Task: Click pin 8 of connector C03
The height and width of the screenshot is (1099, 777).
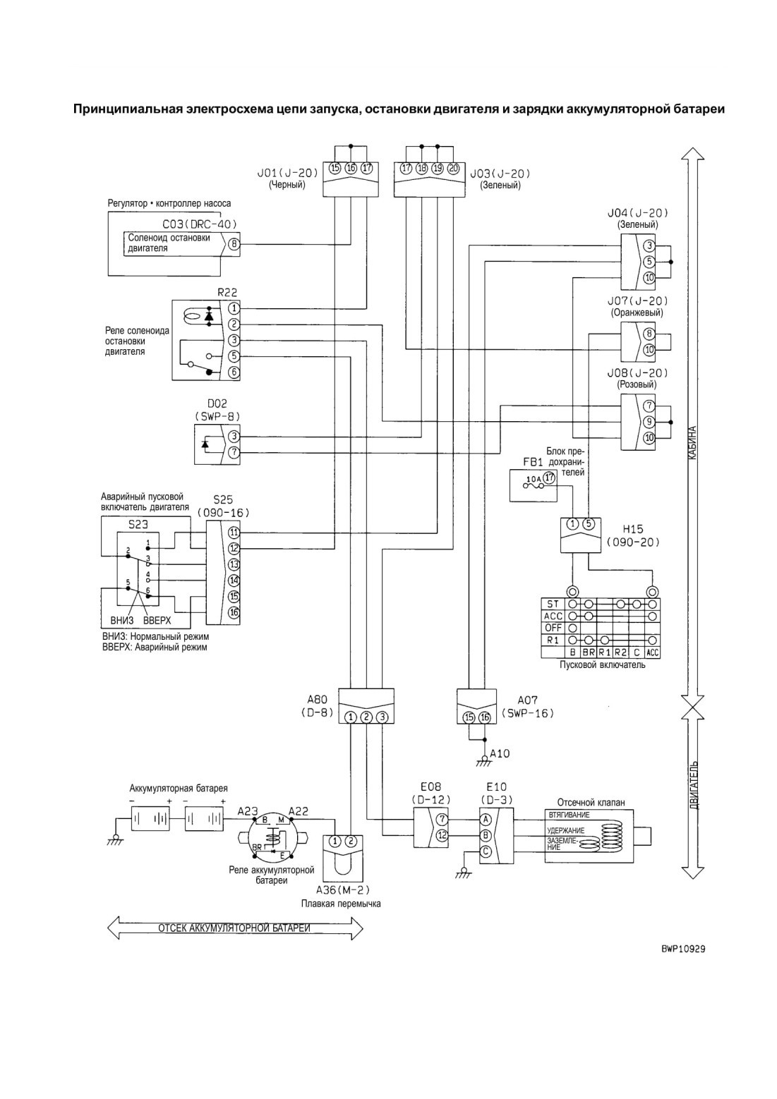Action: click(234, 244)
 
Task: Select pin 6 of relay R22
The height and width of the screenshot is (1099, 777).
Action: click(234, 372)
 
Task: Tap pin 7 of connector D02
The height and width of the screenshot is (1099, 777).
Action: click(234, 452)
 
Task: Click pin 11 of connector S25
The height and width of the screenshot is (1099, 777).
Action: click(234, 533)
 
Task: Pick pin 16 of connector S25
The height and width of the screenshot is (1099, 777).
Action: click(234, 612)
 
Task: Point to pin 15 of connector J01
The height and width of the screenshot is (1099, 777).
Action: click(335, 169)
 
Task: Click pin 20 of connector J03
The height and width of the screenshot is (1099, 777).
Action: click(454, 169)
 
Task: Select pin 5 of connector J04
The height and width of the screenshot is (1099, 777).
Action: click(649, 262)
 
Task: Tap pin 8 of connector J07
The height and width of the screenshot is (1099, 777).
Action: click(649, 334)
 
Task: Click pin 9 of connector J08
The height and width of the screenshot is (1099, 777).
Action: click(649, 421)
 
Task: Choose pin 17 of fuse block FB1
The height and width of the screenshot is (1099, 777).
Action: click(549, 478)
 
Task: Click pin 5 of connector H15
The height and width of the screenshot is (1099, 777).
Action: click(589, 524)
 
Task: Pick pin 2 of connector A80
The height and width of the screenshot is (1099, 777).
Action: click(366, 717)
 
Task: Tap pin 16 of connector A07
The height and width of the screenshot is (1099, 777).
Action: click(485, 717)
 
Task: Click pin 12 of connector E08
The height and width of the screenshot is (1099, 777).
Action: click(442, 835)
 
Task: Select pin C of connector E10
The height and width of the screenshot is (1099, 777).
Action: click(486, 851)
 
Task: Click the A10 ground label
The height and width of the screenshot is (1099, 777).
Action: click(500, 753)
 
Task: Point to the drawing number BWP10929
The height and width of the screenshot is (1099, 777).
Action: click(682, 949)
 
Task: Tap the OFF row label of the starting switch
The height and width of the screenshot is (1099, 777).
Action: click(553, 628)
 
